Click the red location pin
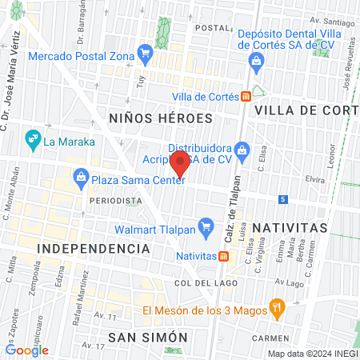181,165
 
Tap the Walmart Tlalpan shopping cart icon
205,226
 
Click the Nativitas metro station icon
226,257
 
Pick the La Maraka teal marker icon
33,141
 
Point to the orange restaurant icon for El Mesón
278,306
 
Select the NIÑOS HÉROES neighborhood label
159,118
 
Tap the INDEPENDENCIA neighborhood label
94,249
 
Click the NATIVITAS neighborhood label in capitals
290,228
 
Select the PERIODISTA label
113,199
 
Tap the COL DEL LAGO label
197,283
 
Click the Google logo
26,350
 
